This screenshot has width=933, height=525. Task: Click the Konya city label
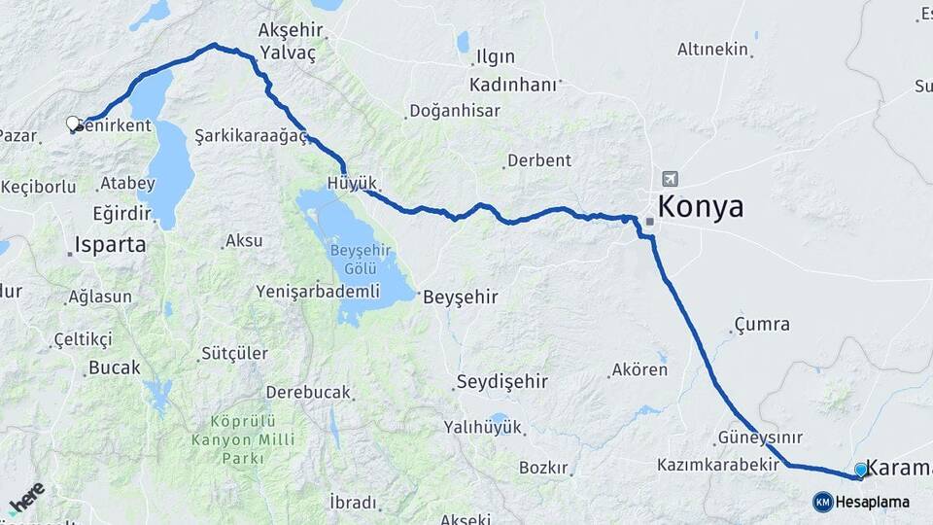(x=700, y=207)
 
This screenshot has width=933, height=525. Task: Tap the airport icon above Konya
(x=670, y=179)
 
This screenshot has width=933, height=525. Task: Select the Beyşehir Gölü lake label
(x=360, y=259)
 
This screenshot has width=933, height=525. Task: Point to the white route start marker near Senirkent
(x=73, y=123)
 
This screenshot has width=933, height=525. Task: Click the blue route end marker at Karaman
(x=860, y=471)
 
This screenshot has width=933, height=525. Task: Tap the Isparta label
(x=111, y=244)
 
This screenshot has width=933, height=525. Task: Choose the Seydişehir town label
(x=502, y=381)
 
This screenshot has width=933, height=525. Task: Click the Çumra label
(x=762, y=325)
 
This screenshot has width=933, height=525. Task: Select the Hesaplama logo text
(x=872, y=503)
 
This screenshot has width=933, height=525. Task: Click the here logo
(x=27, y=498)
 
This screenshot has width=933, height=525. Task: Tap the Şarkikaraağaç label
(x=251, y=135)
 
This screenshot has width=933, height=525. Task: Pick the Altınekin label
(x=712, y=49)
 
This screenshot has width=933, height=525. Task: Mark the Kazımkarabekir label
(x=718, y=465)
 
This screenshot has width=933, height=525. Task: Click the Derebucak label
(x=307, y=392)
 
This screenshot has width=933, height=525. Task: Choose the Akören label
(x=639, y=369)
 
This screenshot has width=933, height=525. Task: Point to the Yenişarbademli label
(x=317, y=291)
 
